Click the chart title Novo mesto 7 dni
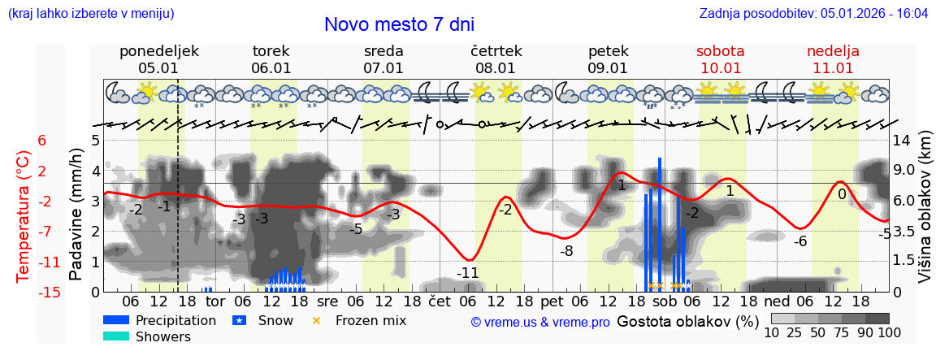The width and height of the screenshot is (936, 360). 399,24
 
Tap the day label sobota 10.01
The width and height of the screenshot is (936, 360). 720,59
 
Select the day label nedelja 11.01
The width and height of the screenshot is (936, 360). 833,59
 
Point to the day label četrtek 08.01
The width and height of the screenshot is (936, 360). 496,59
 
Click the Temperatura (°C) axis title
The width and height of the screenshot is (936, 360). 24,216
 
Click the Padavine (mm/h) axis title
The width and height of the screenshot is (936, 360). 76,215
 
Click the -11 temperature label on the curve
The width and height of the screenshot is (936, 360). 467,273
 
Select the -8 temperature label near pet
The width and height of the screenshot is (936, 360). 566,251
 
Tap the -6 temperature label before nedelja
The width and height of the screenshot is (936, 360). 799,241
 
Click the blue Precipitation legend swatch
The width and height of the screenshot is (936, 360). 116,320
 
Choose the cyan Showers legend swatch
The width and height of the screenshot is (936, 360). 116,336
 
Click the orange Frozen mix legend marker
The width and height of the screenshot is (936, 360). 317,320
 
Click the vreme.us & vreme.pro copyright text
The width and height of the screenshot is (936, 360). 540,323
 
